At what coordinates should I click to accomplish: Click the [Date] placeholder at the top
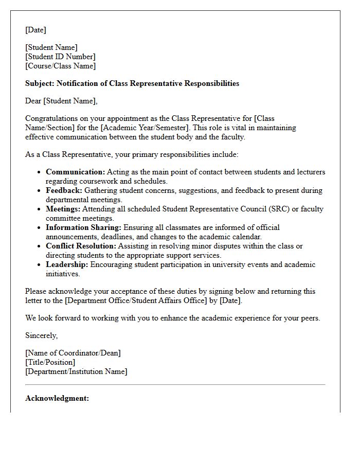click(35, 30)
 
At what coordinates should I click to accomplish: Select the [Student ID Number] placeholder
click(60, 57)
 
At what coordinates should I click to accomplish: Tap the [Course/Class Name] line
click(60, 66)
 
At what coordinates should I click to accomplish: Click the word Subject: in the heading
click(40, 83)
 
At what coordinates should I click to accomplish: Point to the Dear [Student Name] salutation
click(61, 101)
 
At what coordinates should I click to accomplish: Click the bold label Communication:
click(75, 172)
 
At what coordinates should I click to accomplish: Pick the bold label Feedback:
click(64, 190)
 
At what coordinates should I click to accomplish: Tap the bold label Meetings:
click(63, 209)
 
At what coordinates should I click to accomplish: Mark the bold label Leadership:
click(67, 264)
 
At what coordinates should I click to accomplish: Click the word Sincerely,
click(41, 335)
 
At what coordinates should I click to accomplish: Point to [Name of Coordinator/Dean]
click(73, 353)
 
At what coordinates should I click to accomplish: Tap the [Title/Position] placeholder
click(50, 362)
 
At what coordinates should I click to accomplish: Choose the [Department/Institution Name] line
click(76, 371)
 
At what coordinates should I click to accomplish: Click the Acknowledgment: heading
click(57, 398)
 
